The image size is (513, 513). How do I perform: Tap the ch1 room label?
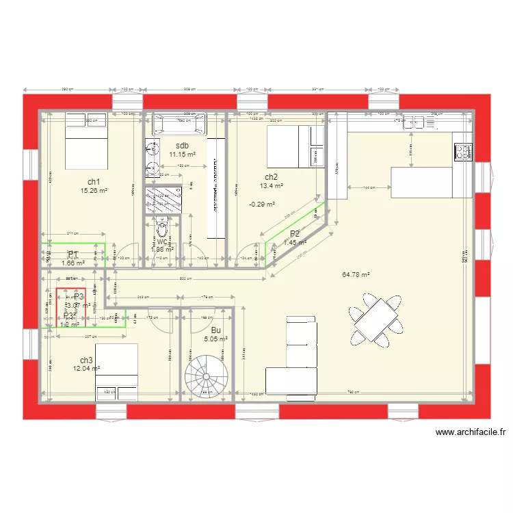pyautogui.click(x=94, y=182)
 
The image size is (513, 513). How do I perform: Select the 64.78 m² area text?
pyautogui.click(x=356, y=275)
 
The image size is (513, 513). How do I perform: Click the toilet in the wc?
pyautogui.click(x=162, y=228)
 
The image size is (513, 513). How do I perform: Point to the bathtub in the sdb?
pyautogui.click(x=179, y=124)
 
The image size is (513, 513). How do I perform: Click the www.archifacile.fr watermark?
pyautogui.click(x=470, y=432)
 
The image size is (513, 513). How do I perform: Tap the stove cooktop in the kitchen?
pyautogui.click(x=462, y=151)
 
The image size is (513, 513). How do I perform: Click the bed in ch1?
pyautogui.click(x=85, y=140)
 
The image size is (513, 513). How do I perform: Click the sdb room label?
pyautogui.click(x=182, y=146)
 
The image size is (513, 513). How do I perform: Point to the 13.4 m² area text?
pyautogui.click(x=270, y=185)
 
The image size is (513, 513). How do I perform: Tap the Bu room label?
pyautogui.click(x=216, y=330)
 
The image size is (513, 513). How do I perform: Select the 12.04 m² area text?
pyautogui.click(x=86, y=369)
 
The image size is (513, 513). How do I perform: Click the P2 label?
pyautogui.click(x=295, y=234)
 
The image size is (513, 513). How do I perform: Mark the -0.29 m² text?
pyautogui.click(x=261, y=204)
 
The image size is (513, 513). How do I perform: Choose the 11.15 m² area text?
pyautogui.click(x=182, y=155)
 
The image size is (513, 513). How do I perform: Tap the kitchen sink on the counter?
pyautogui.click(x=417, y=122)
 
